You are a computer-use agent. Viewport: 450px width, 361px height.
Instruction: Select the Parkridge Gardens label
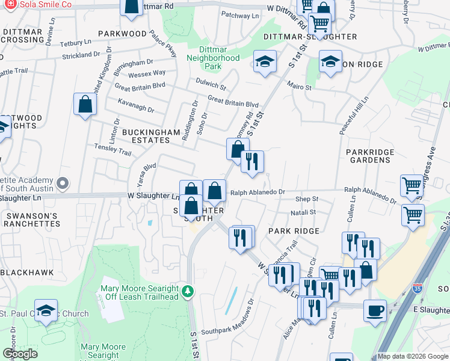point(369,156)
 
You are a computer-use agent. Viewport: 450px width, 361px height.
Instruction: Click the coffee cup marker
point(375,311)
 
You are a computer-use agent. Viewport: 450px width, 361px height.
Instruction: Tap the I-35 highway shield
point(417,289)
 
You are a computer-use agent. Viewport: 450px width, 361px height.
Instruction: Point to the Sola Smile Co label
point(46,5)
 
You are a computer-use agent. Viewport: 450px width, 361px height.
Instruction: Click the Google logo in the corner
point(20,354)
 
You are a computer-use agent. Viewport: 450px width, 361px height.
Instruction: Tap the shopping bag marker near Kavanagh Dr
point(85,104)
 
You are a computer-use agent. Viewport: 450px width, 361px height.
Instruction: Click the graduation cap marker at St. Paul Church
point(46,310)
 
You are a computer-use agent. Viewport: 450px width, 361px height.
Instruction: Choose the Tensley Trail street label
point(112,149)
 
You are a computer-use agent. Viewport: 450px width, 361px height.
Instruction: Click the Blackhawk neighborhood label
point(27,273)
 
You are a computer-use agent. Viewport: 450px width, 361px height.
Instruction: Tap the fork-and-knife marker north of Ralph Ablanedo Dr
point(252,162)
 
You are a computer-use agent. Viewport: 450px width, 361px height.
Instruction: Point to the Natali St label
point(303,212)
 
